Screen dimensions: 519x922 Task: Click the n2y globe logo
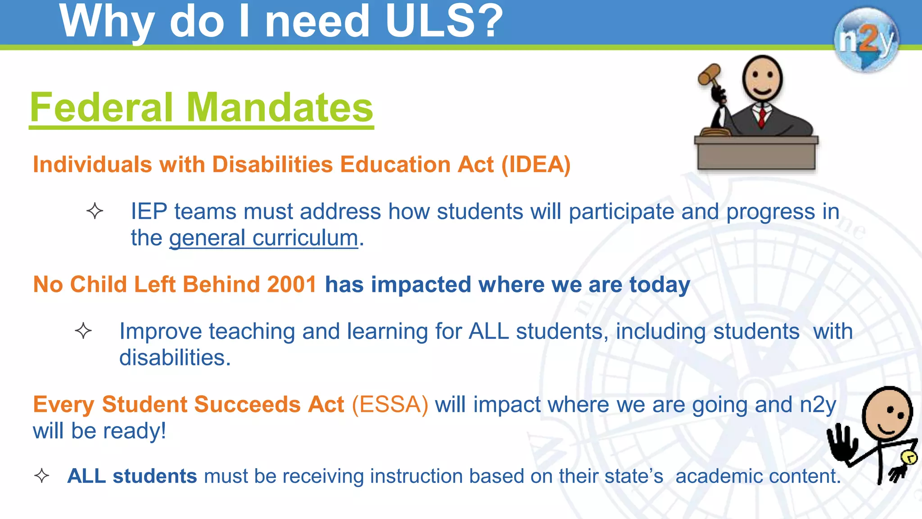click(866, 40)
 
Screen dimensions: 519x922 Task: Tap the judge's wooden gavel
click(709, 74)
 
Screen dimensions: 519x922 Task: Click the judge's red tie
click(762, 116)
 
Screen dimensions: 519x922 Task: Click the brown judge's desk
click(756, 153)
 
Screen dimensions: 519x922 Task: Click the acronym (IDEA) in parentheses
click(536, 164)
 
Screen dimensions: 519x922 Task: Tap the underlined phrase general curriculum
click(264, 238)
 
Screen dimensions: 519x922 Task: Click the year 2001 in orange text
click(292, 285)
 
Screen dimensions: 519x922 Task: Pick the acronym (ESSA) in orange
click(390, 404)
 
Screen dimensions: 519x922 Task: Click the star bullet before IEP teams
click(95, 211)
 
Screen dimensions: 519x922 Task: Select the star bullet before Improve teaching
click(83, 331)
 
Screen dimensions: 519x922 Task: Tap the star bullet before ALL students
click(42, 476)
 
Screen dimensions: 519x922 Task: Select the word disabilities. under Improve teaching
click(175, 358)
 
